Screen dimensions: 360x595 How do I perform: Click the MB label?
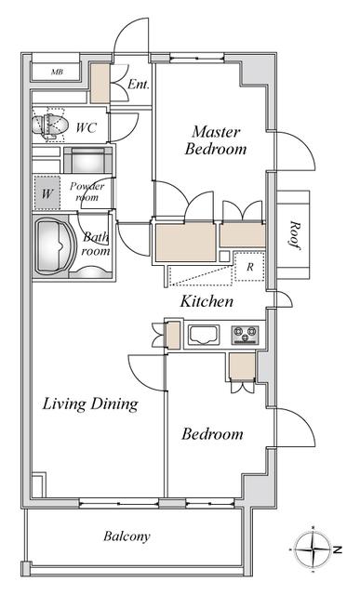[57, 72]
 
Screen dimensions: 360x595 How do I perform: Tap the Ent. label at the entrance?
[139, 84]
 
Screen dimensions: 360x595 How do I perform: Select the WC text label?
[86, 127]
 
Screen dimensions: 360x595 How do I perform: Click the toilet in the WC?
[49, 124]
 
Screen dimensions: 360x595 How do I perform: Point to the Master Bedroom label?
[216, 140]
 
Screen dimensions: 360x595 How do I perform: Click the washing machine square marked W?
[47, 193]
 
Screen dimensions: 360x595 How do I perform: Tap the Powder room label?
[87, 192]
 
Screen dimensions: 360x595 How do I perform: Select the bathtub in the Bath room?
[53, 245]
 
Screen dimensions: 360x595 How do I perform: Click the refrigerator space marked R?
[249, 267]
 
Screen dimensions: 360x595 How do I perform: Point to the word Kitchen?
[207, 301]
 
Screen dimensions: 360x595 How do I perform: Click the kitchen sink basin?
[205, 335]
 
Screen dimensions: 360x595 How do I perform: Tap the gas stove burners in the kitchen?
[245, 335]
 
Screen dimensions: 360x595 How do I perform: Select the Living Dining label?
[90, 403]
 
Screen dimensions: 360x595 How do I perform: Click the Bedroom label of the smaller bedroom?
[212, 434]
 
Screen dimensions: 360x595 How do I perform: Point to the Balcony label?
[127, 536]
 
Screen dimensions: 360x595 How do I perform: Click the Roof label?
[294, 235]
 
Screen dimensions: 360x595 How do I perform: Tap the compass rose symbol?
[313, 549]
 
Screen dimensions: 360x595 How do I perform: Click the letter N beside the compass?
[338, 549]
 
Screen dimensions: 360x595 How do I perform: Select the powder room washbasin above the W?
[87, 160]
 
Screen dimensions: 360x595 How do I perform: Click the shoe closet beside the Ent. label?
[100, 83]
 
